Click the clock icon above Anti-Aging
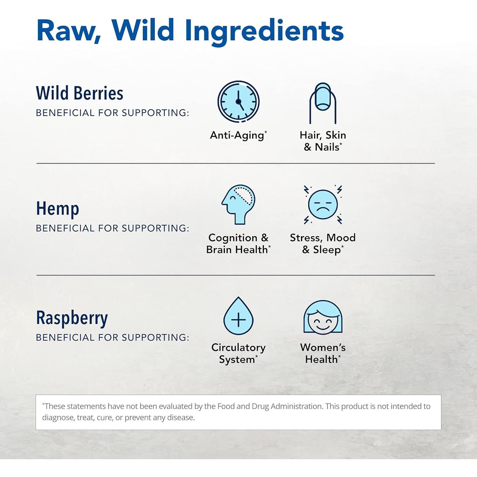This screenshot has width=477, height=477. coord(238,101)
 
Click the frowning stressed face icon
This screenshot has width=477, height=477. coord(323,204)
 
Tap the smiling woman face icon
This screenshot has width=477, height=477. coord(323,317)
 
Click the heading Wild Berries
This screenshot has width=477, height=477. coord(79,93)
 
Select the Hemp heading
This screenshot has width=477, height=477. coord(58,209)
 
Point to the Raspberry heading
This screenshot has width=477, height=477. coord(72,318)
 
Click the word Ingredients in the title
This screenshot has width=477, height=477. coord(264,31)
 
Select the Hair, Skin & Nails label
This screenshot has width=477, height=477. coord(323,141)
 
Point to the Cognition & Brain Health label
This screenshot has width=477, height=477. coord(238,244)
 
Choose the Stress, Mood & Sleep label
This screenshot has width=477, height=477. coord(323,244)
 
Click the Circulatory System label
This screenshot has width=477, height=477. coord(238,353)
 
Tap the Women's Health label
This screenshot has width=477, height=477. coord(323,353)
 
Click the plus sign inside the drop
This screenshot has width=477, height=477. coord(238,320)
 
